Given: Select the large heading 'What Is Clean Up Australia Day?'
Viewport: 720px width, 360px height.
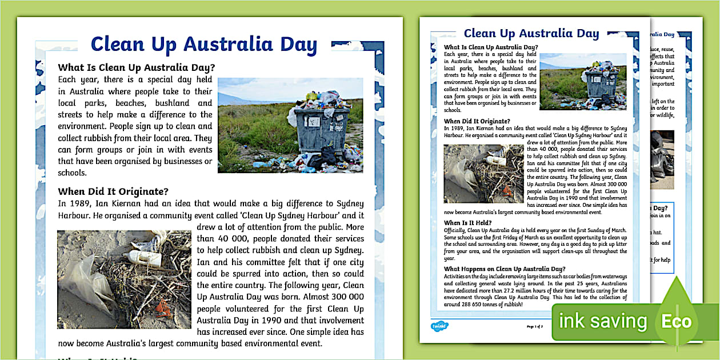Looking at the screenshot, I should (137, 67).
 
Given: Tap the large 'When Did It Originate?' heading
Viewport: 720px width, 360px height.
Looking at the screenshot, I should (113, 191).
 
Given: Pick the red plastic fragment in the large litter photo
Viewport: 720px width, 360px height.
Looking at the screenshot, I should (163, 307).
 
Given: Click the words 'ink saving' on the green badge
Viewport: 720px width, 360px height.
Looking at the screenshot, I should (602, 321).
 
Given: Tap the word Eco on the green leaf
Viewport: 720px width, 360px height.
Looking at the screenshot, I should (676, 321).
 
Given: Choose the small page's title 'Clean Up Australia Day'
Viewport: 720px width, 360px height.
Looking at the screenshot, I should (531, 33).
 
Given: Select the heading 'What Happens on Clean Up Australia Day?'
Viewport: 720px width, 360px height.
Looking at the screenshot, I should (505, 269).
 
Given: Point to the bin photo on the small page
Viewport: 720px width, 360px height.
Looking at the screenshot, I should (583, 81).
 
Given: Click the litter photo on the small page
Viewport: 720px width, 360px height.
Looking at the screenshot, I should (483, 173).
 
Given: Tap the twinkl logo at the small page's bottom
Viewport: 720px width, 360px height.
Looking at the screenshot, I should (439, 326).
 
